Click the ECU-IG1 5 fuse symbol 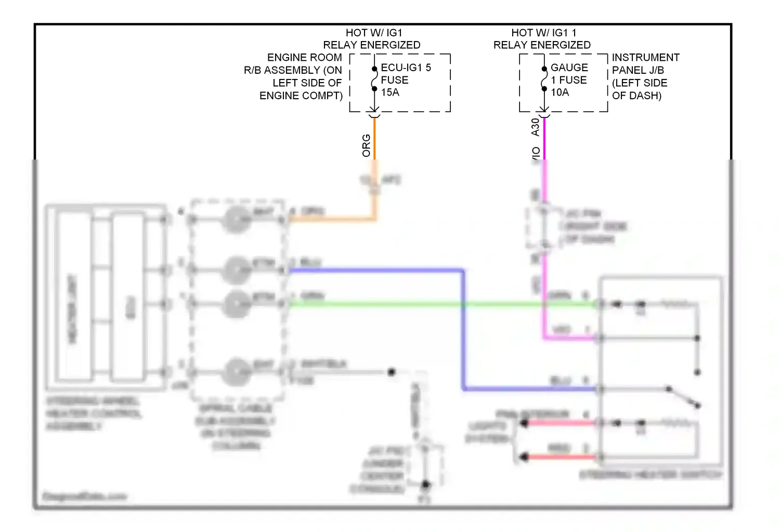[374, 79]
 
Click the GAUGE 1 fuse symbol [544, 79]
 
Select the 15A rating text [390, 92]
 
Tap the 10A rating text [560, 92]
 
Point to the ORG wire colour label [367, 145]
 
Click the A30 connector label [536, 127]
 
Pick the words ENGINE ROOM [304, 58]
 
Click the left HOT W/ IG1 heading [374, 33]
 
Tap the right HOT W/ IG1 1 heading [543, 33]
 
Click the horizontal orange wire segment [333, 219]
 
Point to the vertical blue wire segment [463, 330]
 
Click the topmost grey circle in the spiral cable [237, 219]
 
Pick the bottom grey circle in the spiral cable [237, 372]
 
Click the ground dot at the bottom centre [425, 485]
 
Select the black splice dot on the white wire [392, 372]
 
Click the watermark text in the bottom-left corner [84, 496]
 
